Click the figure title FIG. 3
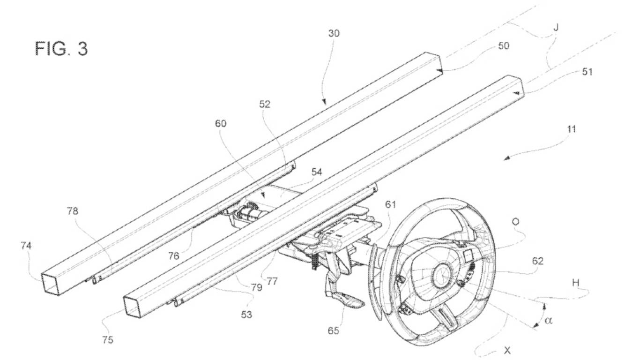pos(61,48)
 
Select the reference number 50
pos(504,46)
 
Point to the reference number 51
pos(587,72)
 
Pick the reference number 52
pos(265,105)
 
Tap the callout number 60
pos(221,123)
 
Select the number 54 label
pos(317,172)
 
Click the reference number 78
pos(72,211)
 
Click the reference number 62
pos(537,261)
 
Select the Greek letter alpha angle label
pos(549,321)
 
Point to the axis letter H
pos(575,283)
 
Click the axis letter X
pos(507,350)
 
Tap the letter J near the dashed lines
pos(556,27)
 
